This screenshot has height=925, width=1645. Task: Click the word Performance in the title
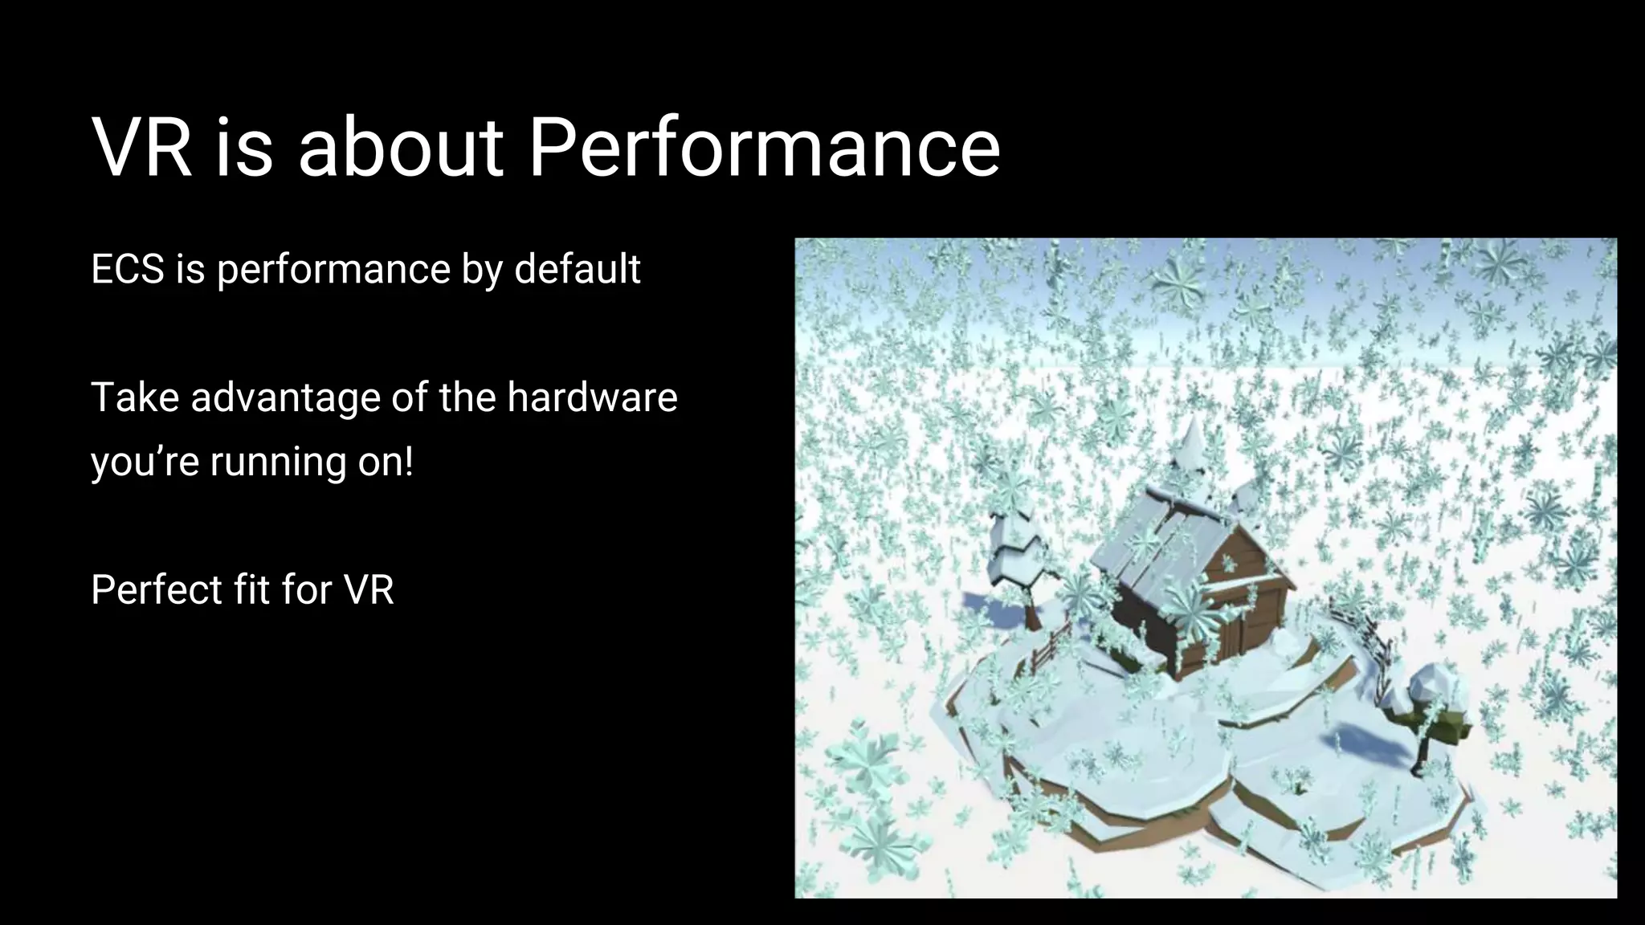[x=764, y=148]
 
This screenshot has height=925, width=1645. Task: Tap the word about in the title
[x=401, y=148]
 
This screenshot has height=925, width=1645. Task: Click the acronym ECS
[x=128, y=269]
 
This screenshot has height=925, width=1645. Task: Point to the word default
[x=577, y=269]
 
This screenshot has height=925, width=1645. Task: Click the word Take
[x=133, y=397]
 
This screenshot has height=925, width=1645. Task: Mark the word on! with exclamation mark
[x=386, y=462]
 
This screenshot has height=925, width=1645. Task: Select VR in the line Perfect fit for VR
[x=369, y=590]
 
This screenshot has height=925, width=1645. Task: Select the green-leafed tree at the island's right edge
[x=1438, y=707]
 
